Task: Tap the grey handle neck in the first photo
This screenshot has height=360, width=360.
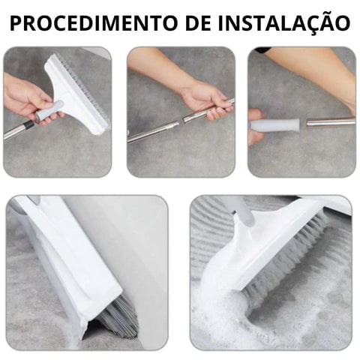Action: click(48, 110)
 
